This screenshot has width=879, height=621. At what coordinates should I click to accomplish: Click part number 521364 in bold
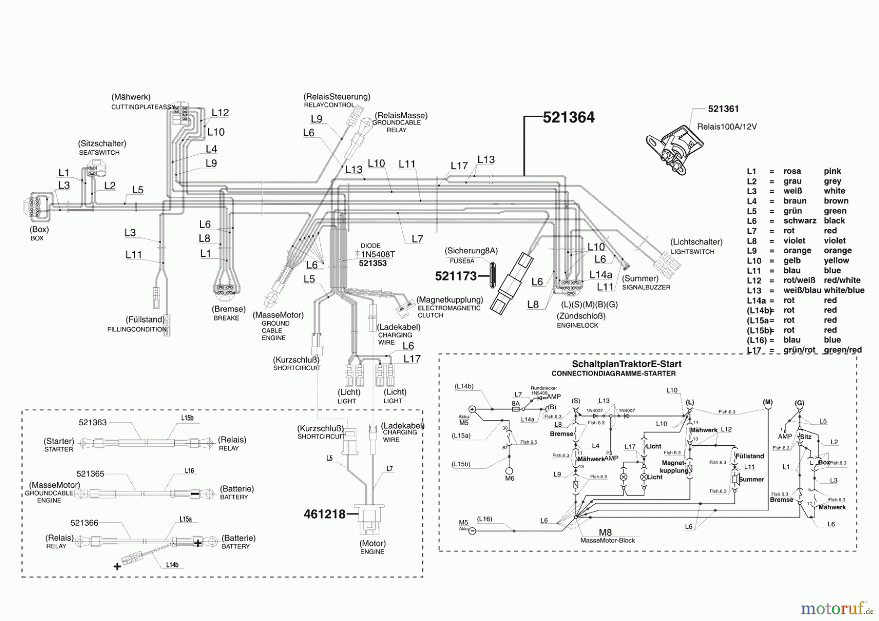point(568,118)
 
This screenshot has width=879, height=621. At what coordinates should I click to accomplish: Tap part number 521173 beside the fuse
point(456,276)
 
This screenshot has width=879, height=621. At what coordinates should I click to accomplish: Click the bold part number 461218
point(324,514)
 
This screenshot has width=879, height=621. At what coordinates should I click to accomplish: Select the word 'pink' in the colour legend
point(832,171)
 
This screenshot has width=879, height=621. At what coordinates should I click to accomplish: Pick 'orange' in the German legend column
point(797,251)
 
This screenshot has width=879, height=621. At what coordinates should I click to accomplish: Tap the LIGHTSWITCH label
point(692,252)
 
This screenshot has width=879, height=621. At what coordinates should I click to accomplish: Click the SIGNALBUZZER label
point(646,288)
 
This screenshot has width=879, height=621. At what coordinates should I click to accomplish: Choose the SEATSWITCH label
point(99,153)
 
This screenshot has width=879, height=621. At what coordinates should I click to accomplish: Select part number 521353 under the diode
point(373,264)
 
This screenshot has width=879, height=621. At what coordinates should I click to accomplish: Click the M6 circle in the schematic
point(509,471)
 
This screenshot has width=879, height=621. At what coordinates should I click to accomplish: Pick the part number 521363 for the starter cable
point(93,423)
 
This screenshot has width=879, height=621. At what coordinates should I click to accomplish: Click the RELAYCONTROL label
point(329,105)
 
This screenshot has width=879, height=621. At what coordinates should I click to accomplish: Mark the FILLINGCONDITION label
point(137,330)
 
